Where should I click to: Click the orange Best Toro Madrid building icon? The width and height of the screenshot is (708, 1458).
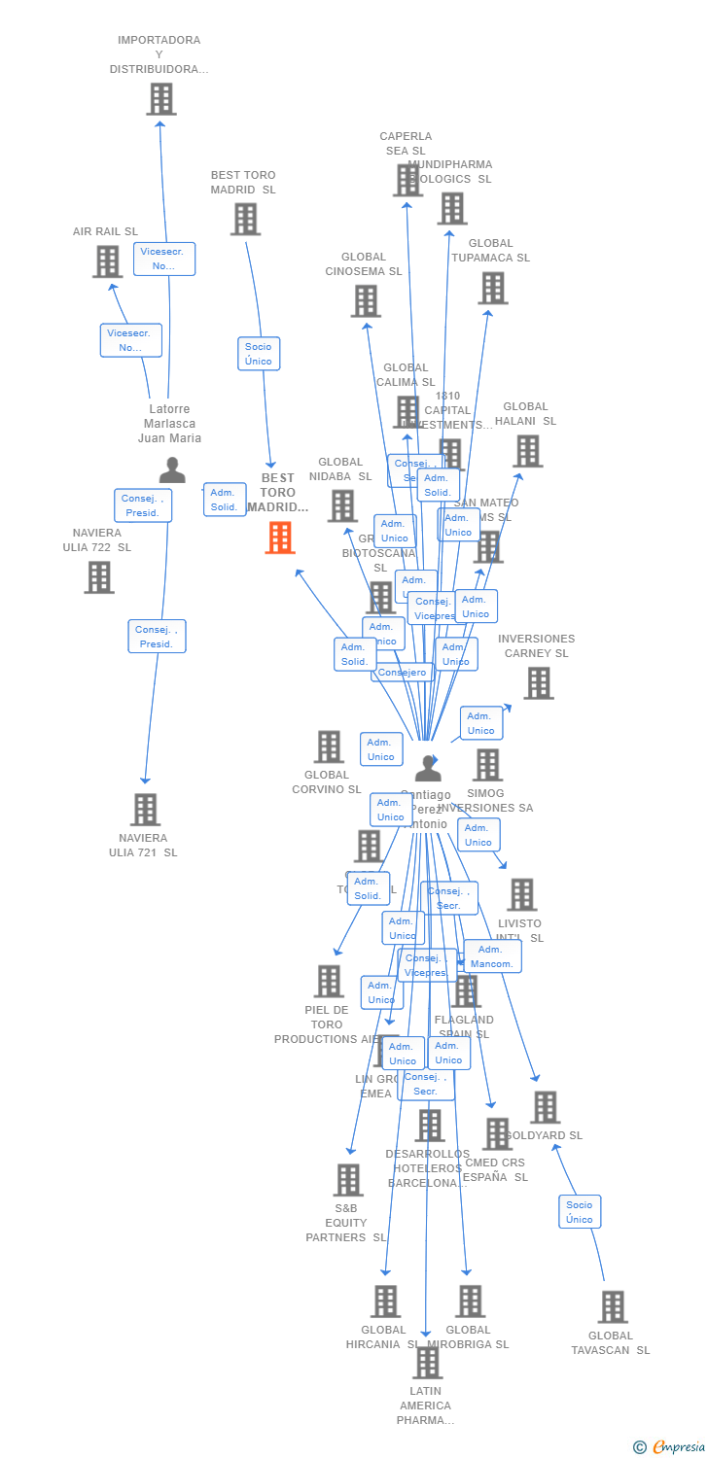point(280,538)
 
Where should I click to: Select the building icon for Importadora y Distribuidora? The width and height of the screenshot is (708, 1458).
point(161,99)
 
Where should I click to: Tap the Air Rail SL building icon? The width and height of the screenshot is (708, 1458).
point(107,261)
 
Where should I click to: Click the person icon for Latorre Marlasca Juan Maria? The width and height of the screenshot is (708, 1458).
point(172,470)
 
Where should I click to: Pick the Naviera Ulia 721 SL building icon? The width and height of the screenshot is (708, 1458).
point(145,810)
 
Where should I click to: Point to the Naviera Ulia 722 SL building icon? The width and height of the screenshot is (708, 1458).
point(98,577)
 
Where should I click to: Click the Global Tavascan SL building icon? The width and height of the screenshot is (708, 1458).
point(613,1307)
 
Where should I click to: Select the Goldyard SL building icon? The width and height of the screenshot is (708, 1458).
point(545,1107)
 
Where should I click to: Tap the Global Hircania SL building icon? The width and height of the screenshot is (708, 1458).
point(385,1302)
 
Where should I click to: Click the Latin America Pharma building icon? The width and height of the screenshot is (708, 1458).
point(427,1363)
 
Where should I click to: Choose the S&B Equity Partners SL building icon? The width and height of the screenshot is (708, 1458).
point(347,1180)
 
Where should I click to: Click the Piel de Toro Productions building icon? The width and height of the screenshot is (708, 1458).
point(329,981)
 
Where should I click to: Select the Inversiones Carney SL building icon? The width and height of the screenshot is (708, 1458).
point(538,683)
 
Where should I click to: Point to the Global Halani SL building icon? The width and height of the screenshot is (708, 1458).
point(527,451)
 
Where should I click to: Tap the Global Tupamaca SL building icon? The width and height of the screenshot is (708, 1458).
point(492,288)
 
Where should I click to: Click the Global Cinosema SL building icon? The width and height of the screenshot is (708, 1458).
point(366,301)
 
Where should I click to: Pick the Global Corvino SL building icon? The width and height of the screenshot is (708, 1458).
point(329,746)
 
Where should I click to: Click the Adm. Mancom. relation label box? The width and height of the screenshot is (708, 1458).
point(492,956)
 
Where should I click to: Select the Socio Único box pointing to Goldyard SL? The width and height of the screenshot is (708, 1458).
point(580,1212)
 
